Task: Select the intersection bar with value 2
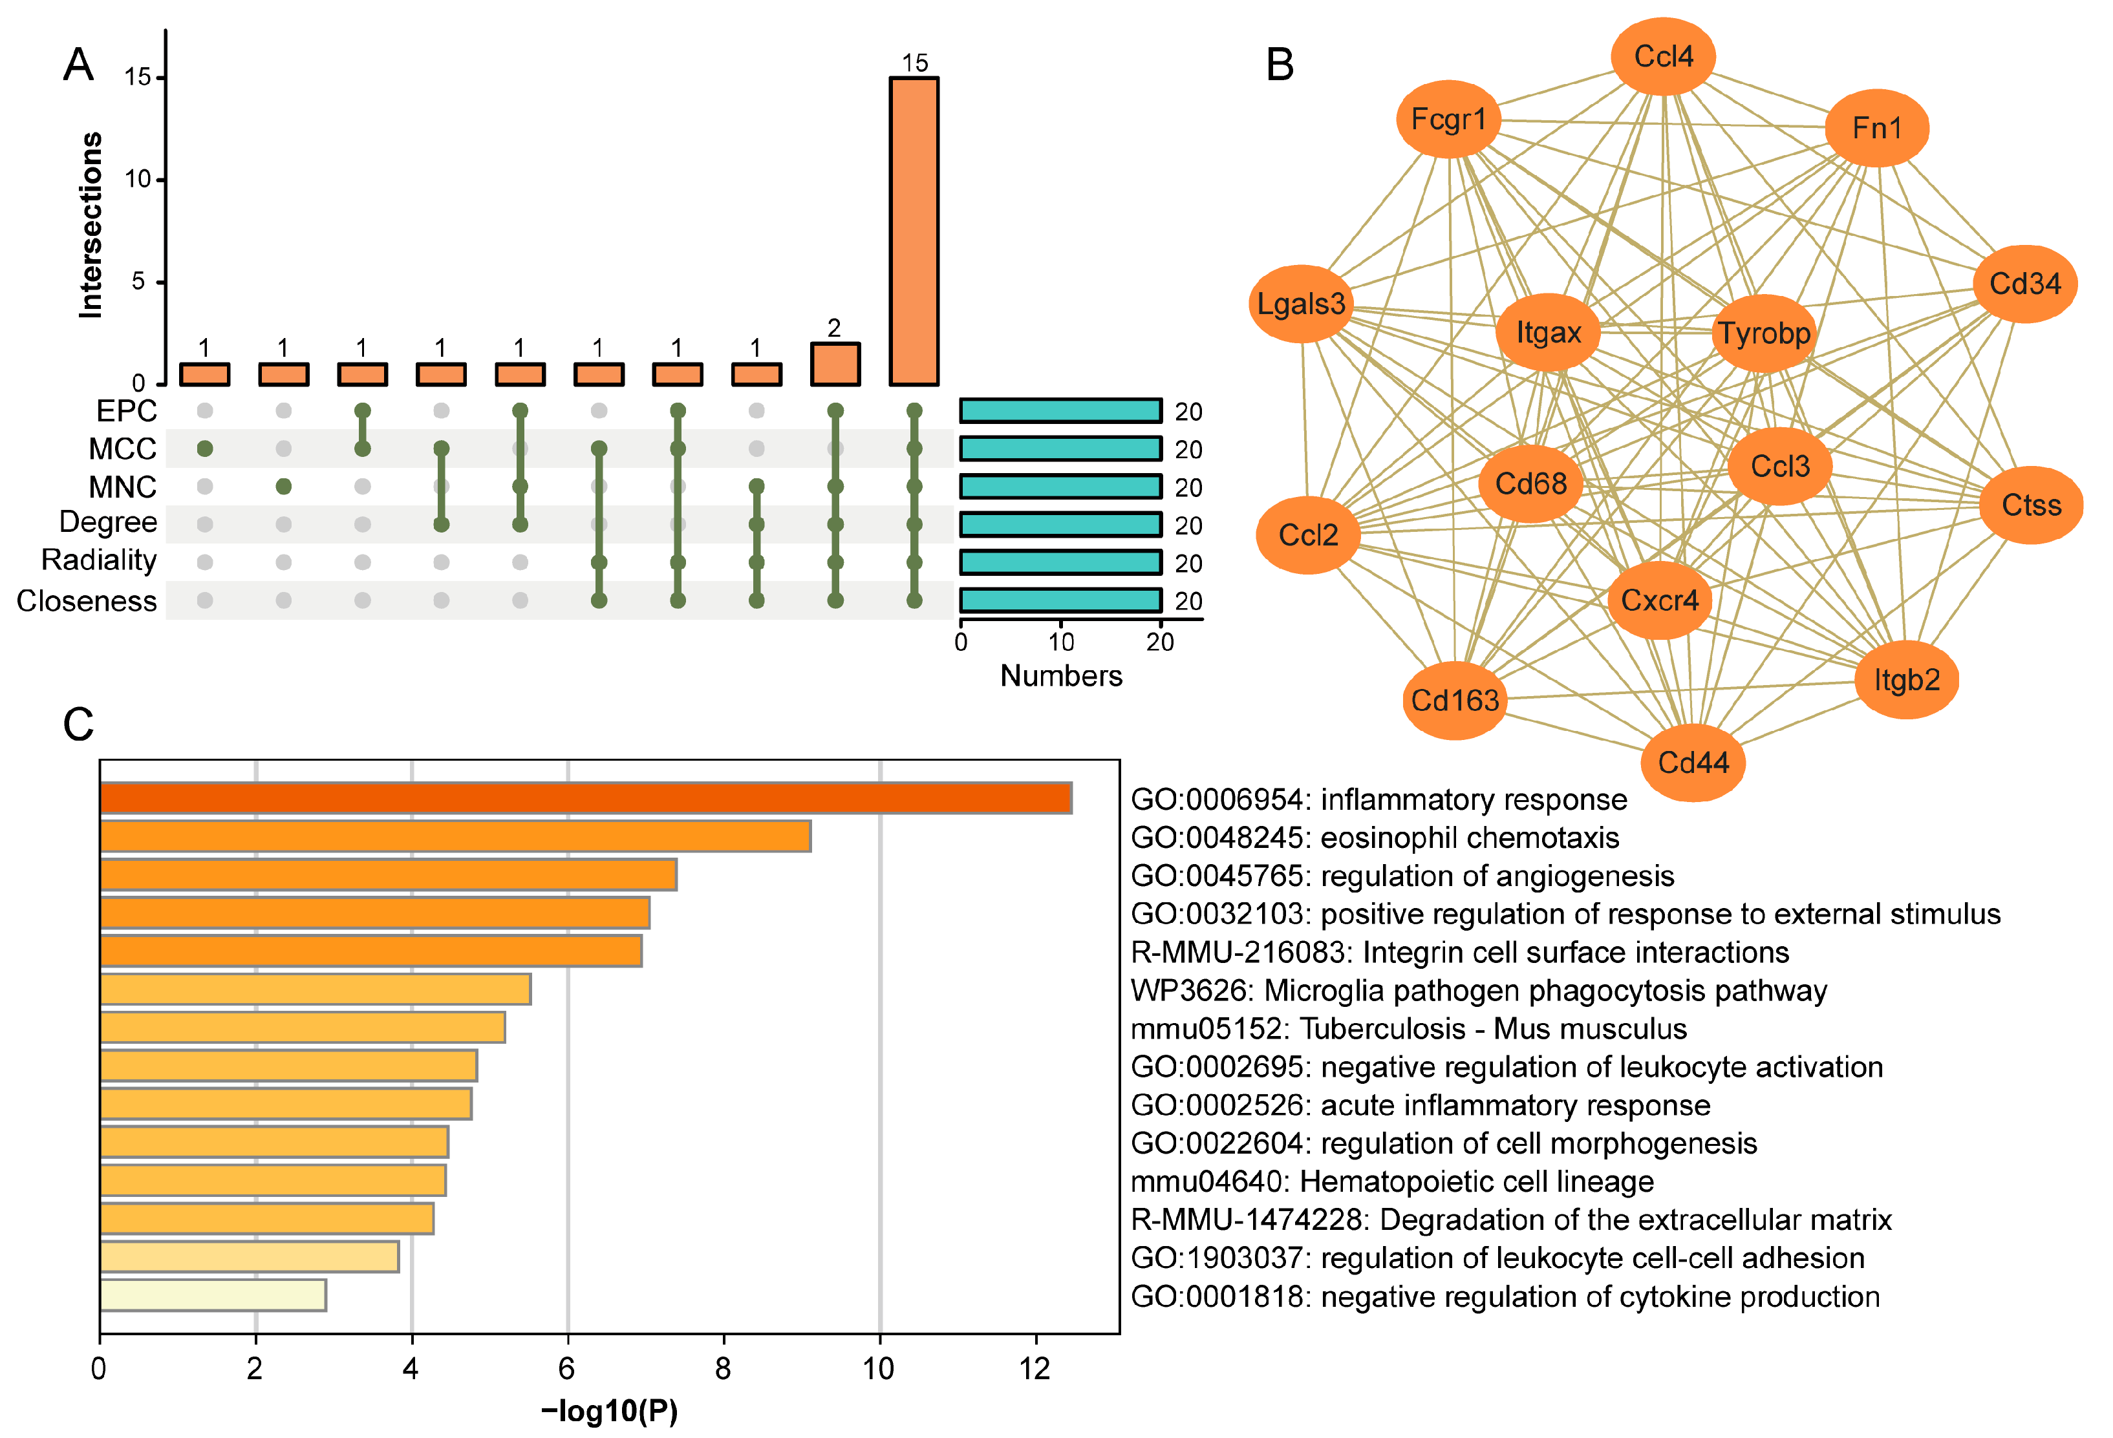[x=835, y=365]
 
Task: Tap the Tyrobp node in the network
[x=1764, y=333]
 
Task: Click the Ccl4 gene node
[x=1663, y=56]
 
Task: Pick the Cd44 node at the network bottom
[x=1692, y=762]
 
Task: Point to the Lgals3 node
[x=1301, y=304]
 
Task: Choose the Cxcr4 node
[x=1659, y=600]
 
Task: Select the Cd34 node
[x=2025, y=284]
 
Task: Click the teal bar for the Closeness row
[x=1060, y=600]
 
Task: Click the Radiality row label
[x=99, y=560]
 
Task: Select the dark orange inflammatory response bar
[x=586, y=798]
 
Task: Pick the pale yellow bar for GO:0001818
[x=213, y=1295]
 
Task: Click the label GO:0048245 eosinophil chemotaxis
[x=1375, y=837]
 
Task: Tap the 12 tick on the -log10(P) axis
[x=1035, y=1368]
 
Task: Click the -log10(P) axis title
[x=609, y=1411]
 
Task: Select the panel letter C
[x=78, y=724]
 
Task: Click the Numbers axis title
[x=1060, y=675]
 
